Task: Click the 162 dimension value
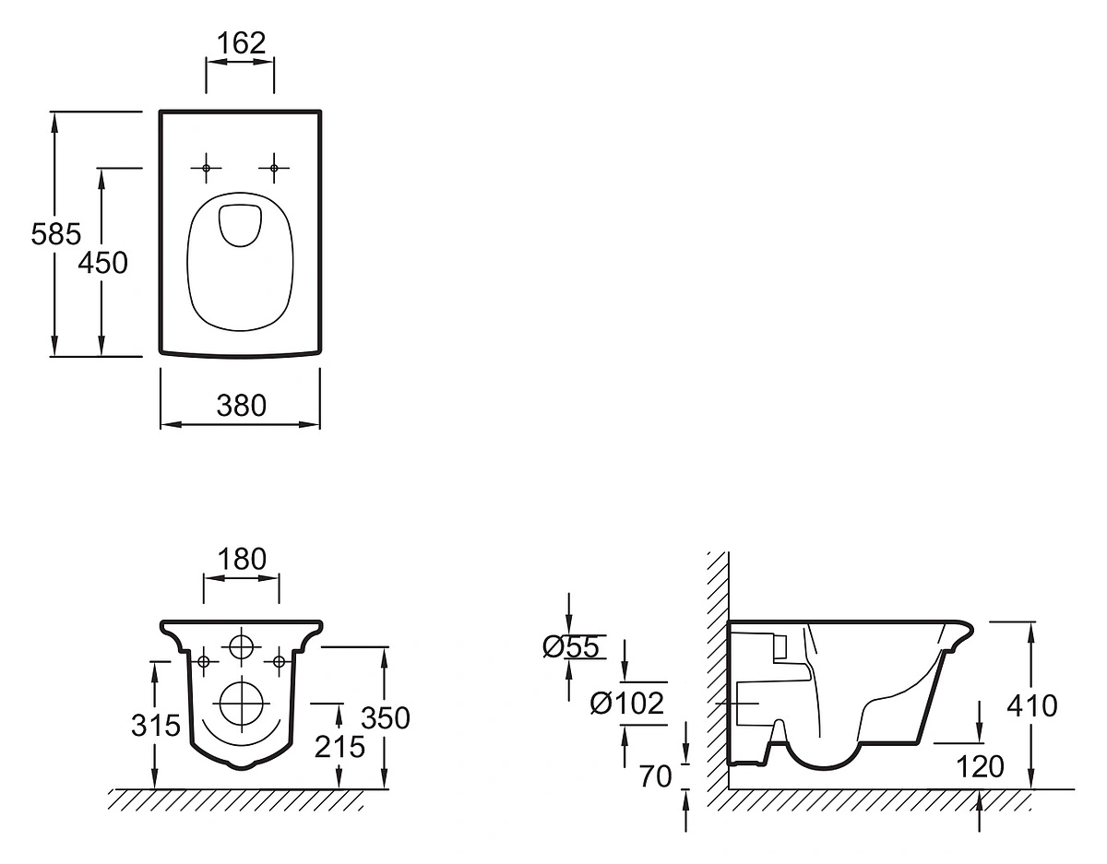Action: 240,43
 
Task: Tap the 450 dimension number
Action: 102,263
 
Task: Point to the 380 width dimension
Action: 241,405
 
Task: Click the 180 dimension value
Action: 241,559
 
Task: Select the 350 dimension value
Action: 385,717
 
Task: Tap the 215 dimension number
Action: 339,746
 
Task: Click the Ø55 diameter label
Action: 572,647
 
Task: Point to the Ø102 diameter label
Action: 627,704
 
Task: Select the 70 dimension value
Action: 656,776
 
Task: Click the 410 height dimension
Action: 1032,706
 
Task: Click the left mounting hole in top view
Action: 206,168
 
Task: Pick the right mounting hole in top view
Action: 274,168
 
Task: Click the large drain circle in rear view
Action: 242,704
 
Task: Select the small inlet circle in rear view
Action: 242,647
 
